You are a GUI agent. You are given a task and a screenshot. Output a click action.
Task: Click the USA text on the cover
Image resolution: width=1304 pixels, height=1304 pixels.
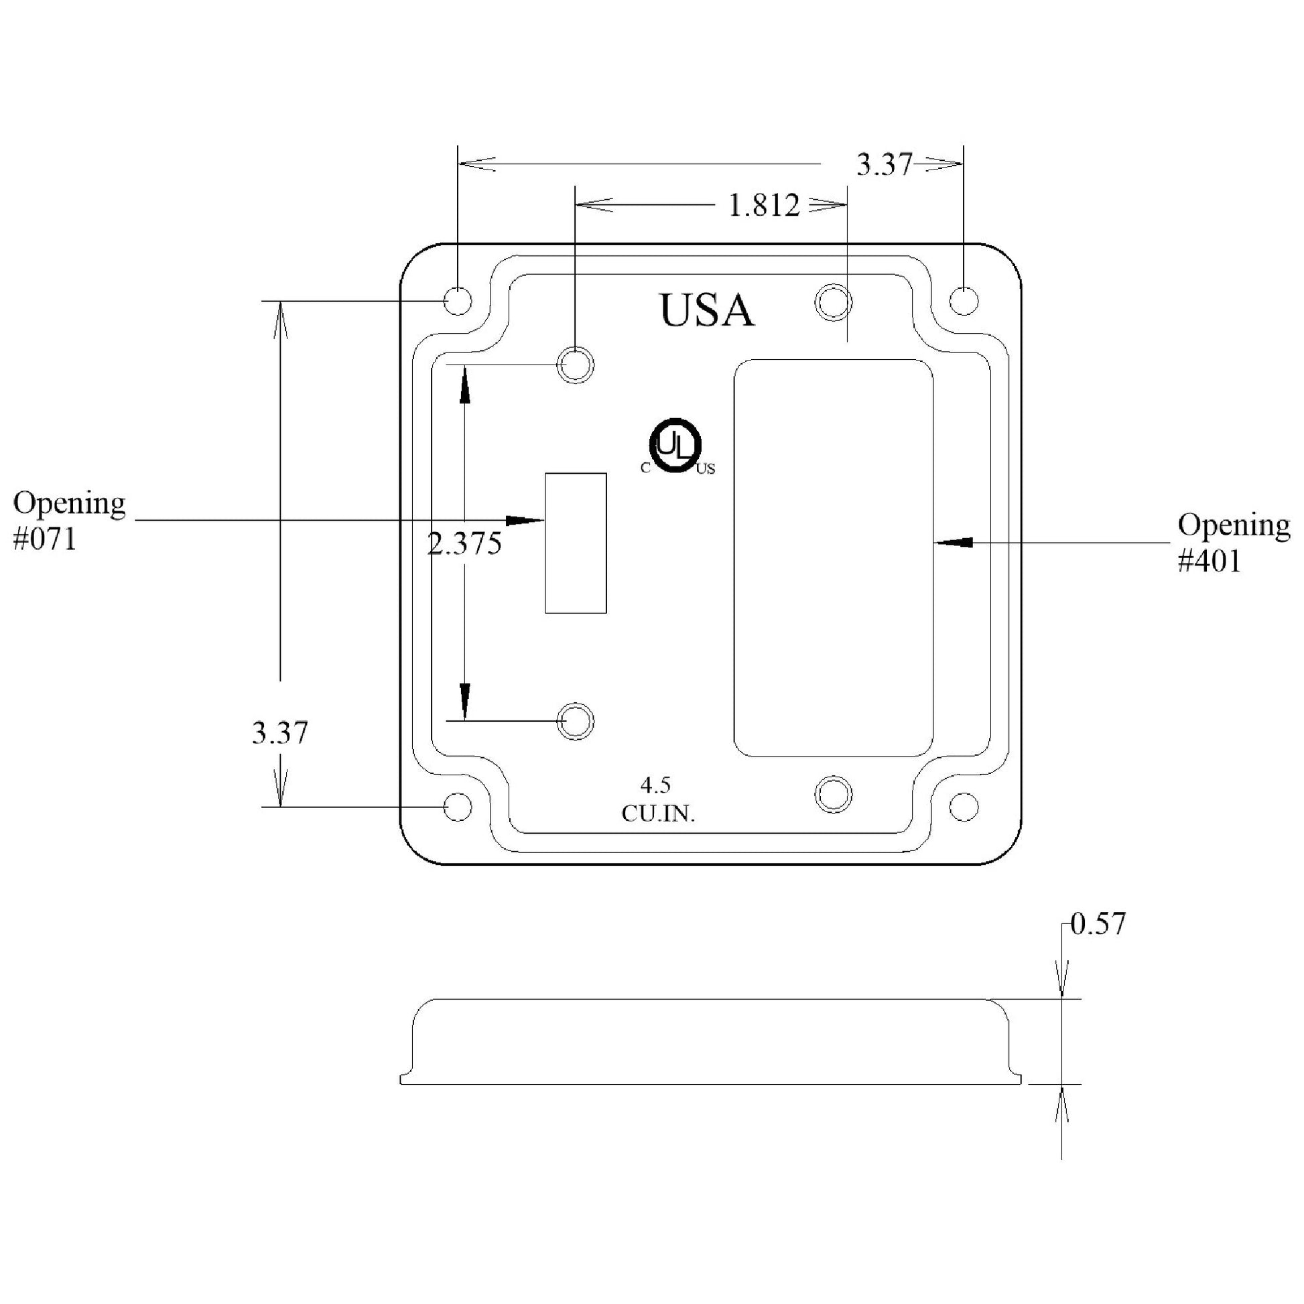tap(706, 310)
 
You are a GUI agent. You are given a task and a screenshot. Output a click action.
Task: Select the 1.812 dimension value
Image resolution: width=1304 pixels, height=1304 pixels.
tap(764, 204)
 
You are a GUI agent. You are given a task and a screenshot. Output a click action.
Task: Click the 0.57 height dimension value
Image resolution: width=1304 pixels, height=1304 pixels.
tap(1099, 924)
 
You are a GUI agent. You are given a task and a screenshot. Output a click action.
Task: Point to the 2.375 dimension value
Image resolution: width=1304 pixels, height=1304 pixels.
tap(465, 543)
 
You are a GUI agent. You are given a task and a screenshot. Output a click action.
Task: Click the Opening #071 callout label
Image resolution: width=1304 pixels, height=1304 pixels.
tap(69, 521)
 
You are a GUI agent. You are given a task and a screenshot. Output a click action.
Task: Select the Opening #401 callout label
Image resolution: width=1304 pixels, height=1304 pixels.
tap(1234, 543)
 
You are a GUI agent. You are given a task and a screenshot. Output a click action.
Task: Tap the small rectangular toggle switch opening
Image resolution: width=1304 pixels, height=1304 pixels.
tap(576, 543)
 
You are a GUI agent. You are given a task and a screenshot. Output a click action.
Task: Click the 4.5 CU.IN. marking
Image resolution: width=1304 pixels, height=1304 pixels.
tap(658, 800)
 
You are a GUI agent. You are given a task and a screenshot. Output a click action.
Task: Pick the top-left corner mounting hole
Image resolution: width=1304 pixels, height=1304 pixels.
tap(458, 301)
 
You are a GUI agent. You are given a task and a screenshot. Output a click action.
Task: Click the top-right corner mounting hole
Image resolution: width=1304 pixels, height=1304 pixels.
tap(963, 301)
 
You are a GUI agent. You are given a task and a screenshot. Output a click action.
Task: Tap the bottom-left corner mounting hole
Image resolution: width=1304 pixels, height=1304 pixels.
tap(458, 807)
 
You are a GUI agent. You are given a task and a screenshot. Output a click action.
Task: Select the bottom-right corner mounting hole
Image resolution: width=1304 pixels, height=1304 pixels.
tap(964, 807)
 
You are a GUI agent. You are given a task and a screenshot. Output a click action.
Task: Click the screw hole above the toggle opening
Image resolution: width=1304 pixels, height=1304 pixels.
tap(575, 366)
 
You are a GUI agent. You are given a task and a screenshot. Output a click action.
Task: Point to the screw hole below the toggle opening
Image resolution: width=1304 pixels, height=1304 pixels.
tap(575, 722)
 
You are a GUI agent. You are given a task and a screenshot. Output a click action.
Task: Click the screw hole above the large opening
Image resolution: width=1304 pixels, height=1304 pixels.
tap(834, 302)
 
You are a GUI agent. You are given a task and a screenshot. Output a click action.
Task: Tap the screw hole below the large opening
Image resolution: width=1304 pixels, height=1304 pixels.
tap(834, 794)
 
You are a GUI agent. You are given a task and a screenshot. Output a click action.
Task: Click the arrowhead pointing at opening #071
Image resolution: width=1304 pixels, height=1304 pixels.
tap(525, 521)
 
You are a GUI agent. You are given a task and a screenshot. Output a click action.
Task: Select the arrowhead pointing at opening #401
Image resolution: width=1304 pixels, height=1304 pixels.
tap(953, 542)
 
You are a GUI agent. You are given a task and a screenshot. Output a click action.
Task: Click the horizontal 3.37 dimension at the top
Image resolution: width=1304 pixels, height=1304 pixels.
tap(884, 165)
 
